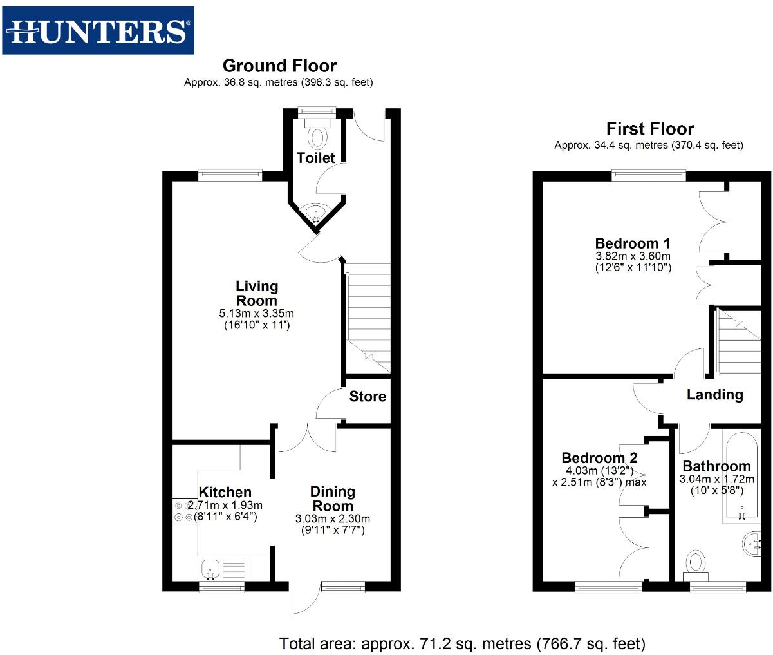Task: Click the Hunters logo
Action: (x=98, y=30)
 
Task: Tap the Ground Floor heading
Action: (x=279, y=66)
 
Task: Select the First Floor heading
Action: (x=649, y=129)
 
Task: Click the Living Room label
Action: (x=257, y=293)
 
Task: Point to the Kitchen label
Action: (x=225, y=492)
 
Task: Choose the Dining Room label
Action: (x=333, y=498)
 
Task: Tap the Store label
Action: (x=368, y=397)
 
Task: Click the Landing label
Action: (x=714, y=395)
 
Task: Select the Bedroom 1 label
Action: (x=632, y=243)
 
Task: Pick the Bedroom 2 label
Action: (x=599, y=458)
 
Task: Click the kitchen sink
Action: (x=210, y=569)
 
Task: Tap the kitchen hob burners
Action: (x=183, y=511)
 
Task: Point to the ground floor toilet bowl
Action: (x=317, y=136)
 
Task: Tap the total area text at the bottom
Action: (x=461, y=643)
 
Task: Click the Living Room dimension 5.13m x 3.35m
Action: (x=256, y=314)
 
